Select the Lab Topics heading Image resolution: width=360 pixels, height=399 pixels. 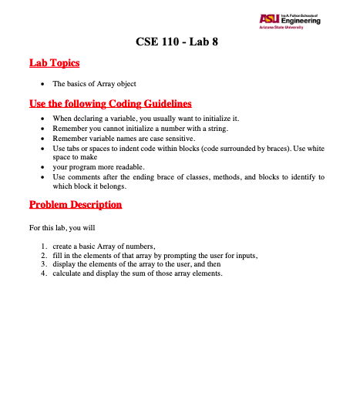(54, 63)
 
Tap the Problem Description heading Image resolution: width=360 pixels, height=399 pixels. (75, 205)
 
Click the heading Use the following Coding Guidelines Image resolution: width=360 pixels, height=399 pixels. (109, 103)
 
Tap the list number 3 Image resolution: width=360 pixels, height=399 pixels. (43, 263)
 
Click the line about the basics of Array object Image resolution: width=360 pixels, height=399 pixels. (93, 82)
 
